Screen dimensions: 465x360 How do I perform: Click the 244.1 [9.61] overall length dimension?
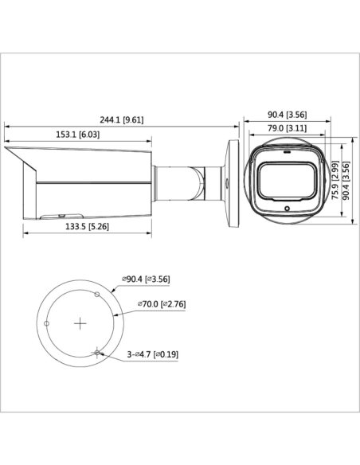click(122, 119)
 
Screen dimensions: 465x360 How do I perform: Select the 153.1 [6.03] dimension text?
click(77, 134)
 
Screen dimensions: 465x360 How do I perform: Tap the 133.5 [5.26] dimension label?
click(88, 227)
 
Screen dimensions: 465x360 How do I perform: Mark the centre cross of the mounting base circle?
click(80, 324)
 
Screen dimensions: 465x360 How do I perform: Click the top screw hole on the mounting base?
click(97, 295)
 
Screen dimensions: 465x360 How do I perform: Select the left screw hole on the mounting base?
click(47, 324)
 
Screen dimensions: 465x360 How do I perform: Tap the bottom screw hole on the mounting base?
click(97, 353)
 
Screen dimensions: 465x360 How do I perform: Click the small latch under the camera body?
click(58, 213)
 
